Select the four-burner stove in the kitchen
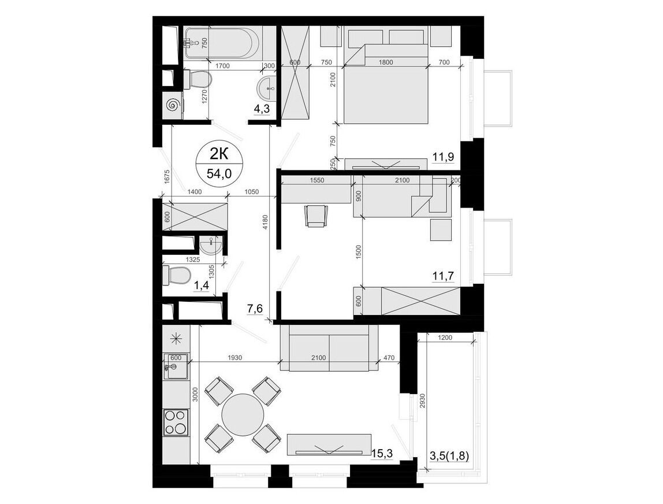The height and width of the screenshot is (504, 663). pos(176,423)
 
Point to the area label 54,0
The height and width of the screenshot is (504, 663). pos(219,173)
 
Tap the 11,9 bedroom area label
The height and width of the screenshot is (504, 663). pos(443,157)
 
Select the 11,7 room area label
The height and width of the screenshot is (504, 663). pos(443,276)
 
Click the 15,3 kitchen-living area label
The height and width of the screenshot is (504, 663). pos(382,453)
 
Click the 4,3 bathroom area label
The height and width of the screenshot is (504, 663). pos(261,109)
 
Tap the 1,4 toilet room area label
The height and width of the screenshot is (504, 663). pos(201,287)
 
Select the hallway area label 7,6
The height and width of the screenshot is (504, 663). pos(255,309)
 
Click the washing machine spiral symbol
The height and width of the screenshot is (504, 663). pos(173,105)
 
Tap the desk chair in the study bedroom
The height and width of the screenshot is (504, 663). pos(315,216)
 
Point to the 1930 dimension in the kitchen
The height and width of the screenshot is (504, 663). pos(235,358)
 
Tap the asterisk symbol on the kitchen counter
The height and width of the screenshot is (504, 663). pos(175,338)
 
